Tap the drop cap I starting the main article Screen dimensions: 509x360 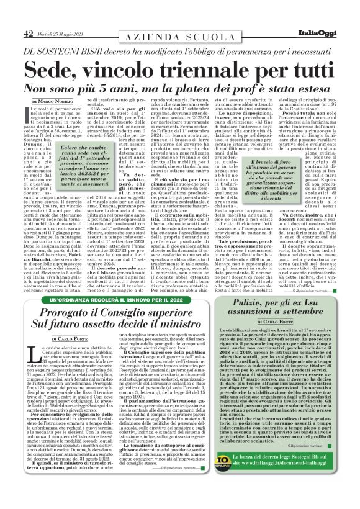click(x=28, y=113)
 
